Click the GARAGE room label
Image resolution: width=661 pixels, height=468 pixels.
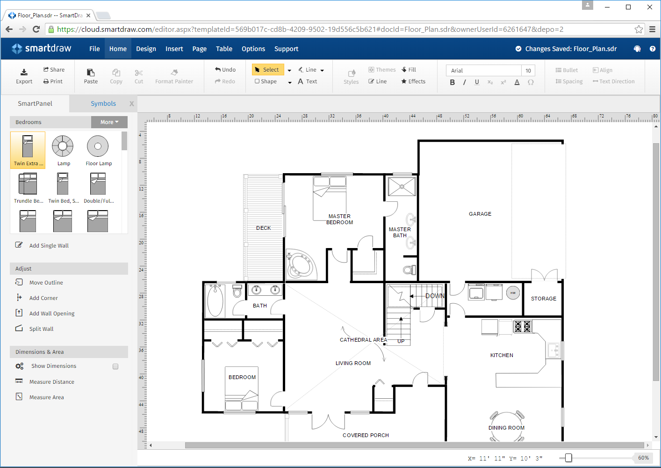pyautogui.click(x=480, y=214)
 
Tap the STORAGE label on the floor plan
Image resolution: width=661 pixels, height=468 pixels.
pyautogui.click(x=544, y=299)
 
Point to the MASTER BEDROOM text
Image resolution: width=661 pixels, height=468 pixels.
pyautogui.click(x=339, y=219)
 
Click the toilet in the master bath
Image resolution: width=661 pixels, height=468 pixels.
pyautogui.click(x=409, y=270)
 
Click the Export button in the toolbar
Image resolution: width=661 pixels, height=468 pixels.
pyautogui.click(x=24, y=76)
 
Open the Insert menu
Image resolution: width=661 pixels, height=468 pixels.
pyautogui.click(x=174, y=49)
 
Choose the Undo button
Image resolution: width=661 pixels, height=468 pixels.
pyautogui.click(x=225, y=70)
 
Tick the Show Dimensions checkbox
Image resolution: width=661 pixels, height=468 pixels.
pyautogui.click(x=115, y=366)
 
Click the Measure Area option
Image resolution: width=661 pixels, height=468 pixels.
pyautogui.click(x=46, y=397)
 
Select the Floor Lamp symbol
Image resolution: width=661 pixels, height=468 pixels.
pyautogui.click(x=98, y=150)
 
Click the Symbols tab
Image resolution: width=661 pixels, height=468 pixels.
pyautogui.click(x=103, y=103)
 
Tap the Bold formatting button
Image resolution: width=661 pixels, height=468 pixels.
pyautogui.click(x=452, y=82)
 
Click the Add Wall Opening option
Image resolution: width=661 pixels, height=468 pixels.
pyautogui.click(x=51, y=314)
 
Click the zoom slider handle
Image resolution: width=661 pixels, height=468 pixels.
pyautogui.click(x=568, y=458)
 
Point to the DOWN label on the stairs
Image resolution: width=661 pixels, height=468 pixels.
pyautogui.click(x=435, y=296)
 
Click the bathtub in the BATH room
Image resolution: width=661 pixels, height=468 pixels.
pyautogui.click(x=215, y=301)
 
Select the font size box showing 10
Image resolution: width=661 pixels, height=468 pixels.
pyautogui.click(x=528, y=71)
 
